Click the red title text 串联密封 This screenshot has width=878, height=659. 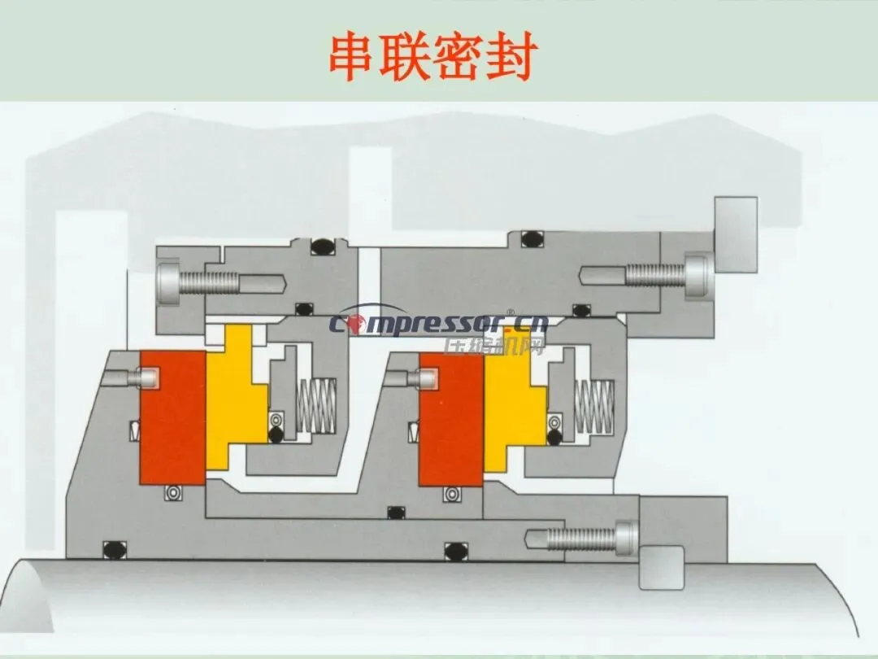pos(432,56)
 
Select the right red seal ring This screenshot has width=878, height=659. pos(450,418)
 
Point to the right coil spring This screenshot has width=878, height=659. pos(594,406)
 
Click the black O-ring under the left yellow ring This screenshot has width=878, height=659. pos(276,436)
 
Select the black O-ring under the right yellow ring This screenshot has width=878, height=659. pos(555,437)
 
